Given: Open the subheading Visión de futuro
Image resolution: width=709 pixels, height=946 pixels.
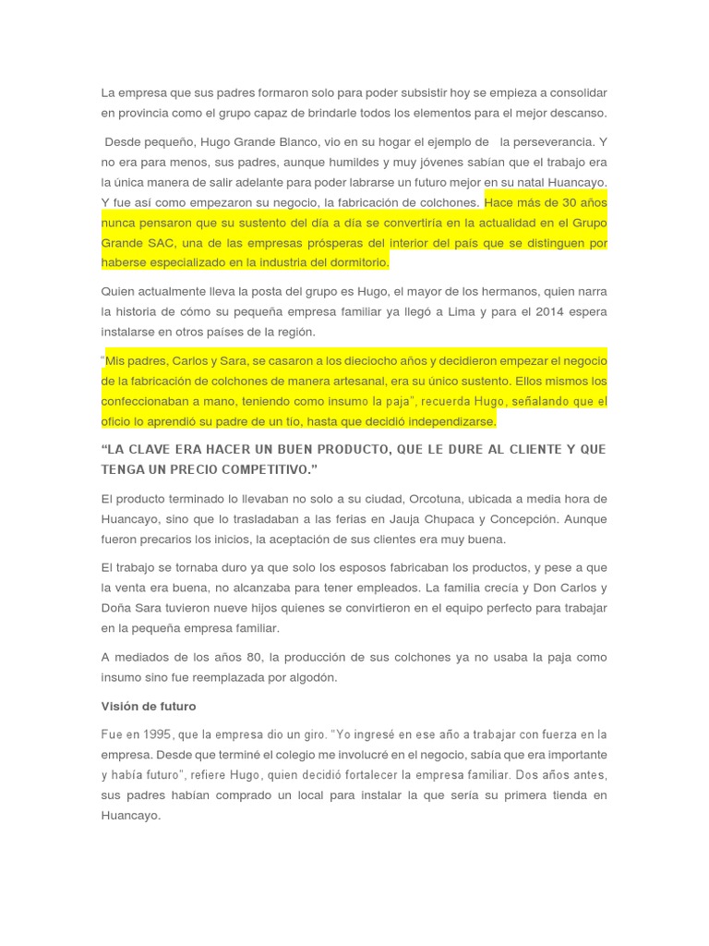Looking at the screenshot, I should pyautogui.click(x=149, y=706).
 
